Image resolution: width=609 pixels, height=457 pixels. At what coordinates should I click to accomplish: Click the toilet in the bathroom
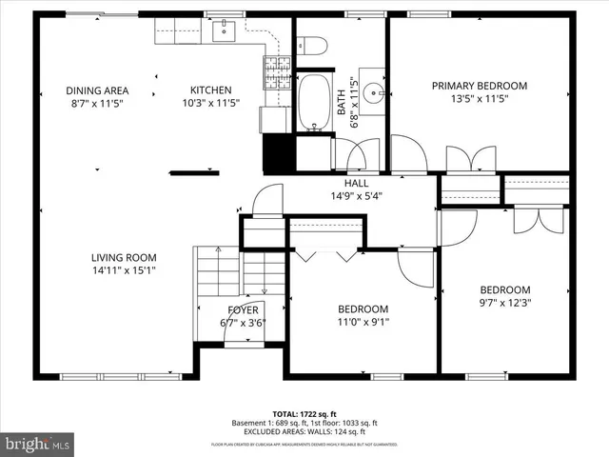tap(311, 46)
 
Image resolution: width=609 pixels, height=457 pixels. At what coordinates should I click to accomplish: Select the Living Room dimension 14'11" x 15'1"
tap(124, 269)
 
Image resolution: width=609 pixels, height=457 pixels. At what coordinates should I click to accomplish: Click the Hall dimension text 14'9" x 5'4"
tap(356, 195)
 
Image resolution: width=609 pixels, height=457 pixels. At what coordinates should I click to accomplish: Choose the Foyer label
tap(243, 309)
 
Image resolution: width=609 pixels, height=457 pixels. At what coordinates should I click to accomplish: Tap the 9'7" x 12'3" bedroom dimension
tap(504, 304)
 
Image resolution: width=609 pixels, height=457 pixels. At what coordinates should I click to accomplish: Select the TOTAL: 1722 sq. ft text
tap(305, 414)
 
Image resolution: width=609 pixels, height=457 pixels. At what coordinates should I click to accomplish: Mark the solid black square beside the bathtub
tap(277, 153)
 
